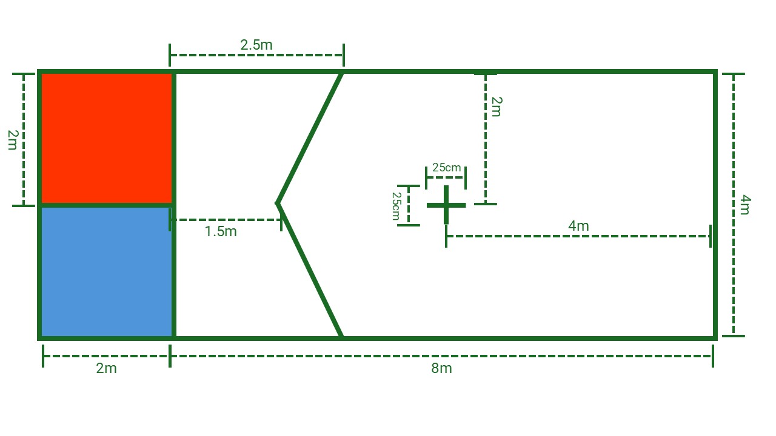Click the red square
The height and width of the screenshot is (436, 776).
tap(107, 139)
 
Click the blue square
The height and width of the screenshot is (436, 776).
tap(107, 272)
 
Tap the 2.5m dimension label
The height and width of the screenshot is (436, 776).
tap(256, 45)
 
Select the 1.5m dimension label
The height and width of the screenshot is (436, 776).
tap(221, 231)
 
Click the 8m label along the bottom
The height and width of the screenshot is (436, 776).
tap(441, 368)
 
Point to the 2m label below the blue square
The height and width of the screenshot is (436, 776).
tap(106, 368)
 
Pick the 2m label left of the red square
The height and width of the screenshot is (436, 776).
tap(13, 140)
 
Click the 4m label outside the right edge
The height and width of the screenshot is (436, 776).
tap(745, 205)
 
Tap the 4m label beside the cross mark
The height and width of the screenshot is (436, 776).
tap(578, 226)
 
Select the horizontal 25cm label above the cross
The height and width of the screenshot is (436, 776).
tap(447, 168)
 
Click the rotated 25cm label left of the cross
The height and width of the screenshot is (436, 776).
tap(396, 206)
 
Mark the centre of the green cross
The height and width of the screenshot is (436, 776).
tap(446, 205)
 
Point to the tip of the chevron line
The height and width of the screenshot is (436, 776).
tap(277, 203)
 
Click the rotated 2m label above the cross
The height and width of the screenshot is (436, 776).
tap(497, 107)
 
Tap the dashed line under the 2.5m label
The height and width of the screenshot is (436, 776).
tap(256, 55)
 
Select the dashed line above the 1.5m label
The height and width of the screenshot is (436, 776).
tap(226, 220)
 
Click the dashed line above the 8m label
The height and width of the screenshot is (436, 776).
tap(441, 356)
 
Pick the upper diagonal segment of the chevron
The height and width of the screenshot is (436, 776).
tap(309, 137)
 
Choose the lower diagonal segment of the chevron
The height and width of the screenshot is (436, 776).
tap(309, 270)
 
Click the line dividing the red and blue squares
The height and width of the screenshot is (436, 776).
tap(107, 205)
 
